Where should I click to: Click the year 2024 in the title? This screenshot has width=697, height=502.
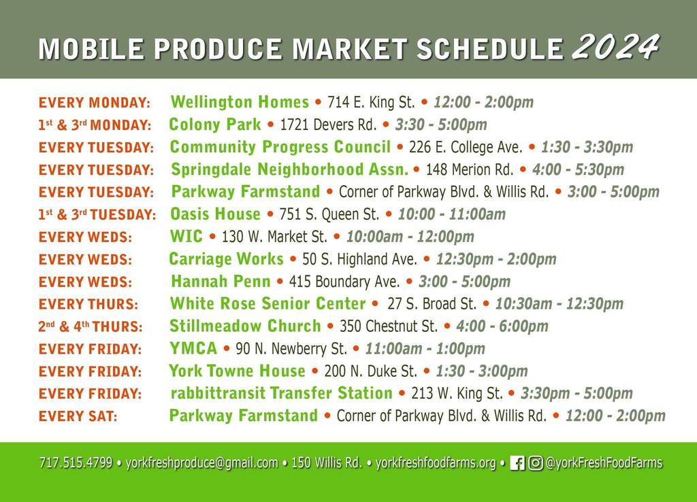click(x=615, y=47)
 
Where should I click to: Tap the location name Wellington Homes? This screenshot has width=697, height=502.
click(x=240, y=102)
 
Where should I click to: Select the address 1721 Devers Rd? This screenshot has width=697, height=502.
click(x=328, y=124)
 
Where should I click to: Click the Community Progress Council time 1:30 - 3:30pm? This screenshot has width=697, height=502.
click(x=587, y=147)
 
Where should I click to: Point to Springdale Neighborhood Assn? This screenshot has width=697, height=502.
click(x=289, y=169)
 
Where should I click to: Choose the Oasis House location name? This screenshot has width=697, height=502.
click(x=215, y=214)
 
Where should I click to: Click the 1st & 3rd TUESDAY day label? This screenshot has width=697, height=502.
click(x=97, y=214)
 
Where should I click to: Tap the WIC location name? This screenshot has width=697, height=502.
click(x=187, y=236)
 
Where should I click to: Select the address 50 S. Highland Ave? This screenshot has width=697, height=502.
click(x=359, y=259)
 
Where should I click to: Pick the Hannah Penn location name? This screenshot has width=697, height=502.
click(x=221, y=281)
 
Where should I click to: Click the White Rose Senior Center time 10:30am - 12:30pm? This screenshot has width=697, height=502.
click(x=560, y=304)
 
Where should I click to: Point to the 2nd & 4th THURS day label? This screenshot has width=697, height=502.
click(x=91, y=327)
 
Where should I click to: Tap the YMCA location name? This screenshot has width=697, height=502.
click(x=193, y=348)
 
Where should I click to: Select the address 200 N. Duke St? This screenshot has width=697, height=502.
click(x=371, y=371)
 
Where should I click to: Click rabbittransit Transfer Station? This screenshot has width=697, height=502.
click(x=281, y=393)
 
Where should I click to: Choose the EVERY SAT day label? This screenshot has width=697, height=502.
click(x=78, y=416)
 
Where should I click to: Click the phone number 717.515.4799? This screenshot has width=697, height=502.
click(x=76, y=463)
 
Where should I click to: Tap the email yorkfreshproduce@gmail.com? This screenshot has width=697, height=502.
click(x=201, y=463)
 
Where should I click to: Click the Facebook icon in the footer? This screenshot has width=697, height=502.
click(x=517, y=463)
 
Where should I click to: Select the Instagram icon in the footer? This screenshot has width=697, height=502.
click(x=536, y=463)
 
